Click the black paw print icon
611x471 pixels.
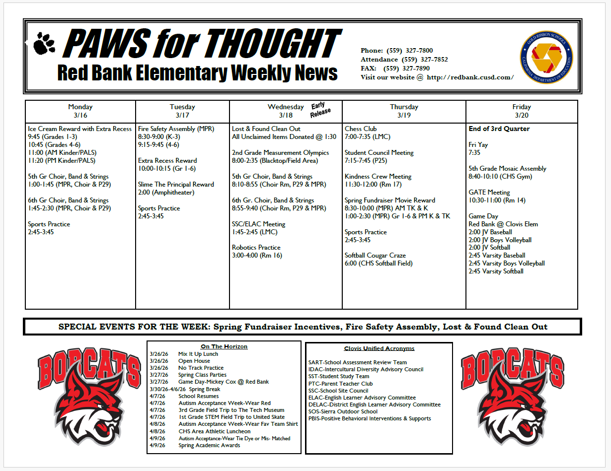click(45, 43)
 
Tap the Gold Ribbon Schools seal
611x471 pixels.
click(546, 56)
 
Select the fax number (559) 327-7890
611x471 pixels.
click(406, 68)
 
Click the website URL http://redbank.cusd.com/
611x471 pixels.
click(470, 77)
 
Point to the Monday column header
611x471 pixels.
click(80, 107)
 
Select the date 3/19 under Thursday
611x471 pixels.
click(404, 115)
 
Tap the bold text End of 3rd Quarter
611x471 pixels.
click(499, 129)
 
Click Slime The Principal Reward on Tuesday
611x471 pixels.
click(176, 185)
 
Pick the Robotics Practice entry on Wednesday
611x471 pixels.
click(256, 248)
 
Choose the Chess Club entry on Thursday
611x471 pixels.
click(361, 129)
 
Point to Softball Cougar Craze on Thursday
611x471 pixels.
click(375, 256)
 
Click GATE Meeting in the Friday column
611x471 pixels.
click(489, 193)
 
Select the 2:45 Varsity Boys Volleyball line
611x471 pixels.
click(507, 264)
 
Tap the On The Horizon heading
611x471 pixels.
click(224, 346)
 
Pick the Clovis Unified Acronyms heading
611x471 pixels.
click(379, 348)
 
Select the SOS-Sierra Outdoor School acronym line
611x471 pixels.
click(343, 411)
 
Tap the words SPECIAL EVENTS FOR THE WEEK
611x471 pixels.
click(134, 327)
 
